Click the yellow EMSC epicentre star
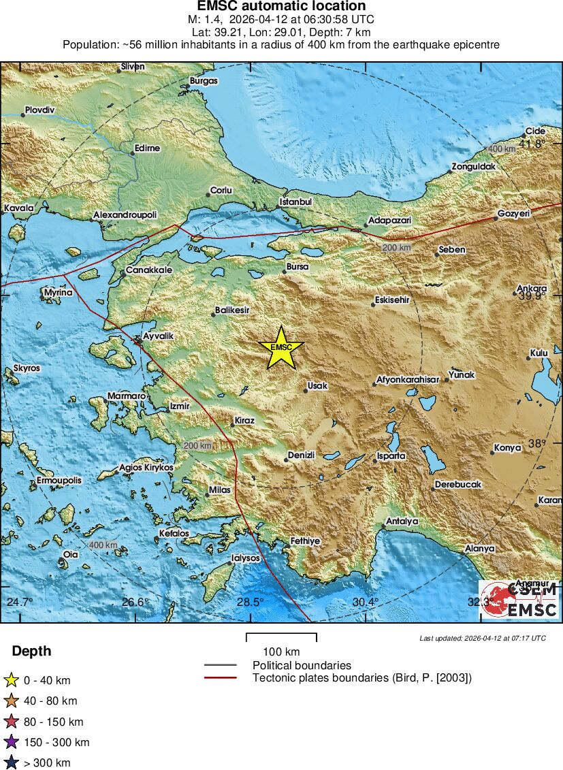coord(280,347)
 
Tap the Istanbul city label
coord(295,202)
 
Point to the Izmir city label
coord(179,406)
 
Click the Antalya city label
coord(402,522)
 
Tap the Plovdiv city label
coord(39,110)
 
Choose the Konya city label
coord(507,447)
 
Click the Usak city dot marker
coord(306,391)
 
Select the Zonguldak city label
coord(473,167)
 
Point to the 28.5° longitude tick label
coord(250,602)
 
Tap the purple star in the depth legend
coord(11,742)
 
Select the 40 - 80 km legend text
coord(50,701)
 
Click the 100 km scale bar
coord(281,638)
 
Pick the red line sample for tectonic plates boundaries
coord(220,677)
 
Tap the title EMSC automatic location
coord(281,7)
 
